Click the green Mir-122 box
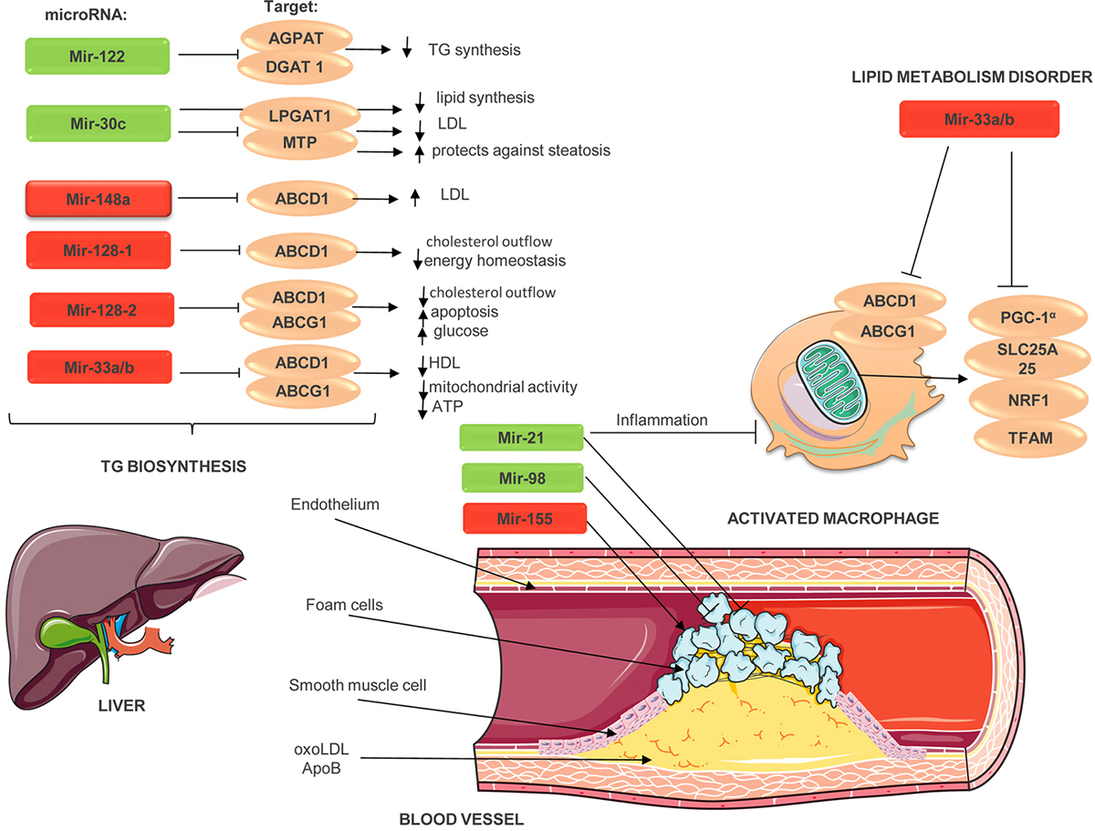coord(98,57)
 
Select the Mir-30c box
coord(98,123)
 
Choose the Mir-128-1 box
coord(98,250)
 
